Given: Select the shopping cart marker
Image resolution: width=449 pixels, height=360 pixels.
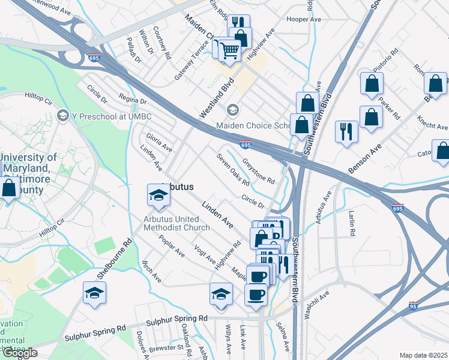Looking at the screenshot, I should pyautogui.click(x=228, y=50).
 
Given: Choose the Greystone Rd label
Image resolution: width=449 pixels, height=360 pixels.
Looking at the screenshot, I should pyautogui.click(x=259, y=171).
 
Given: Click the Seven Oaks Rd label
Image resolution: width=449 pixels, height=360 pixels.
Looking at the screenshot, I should pyautogui.click(x=233, y=170).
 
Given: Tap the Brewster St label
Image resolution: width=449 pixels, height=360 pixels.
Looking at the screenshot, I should pyautogui.click(x=168, y=347).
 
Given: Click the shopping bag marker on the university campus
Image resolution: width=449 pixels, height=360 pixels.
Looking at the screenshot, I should pyautogui.click(x=9, y=189).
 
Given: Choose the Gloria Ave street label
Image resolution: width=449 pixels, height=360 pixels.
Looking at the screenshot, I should pyautogui.click(x=159, y=142).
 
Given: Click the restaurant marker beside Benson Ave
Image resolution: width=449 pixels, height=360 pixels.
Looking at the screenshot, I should pyautogui.click(x=346, y=132).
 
